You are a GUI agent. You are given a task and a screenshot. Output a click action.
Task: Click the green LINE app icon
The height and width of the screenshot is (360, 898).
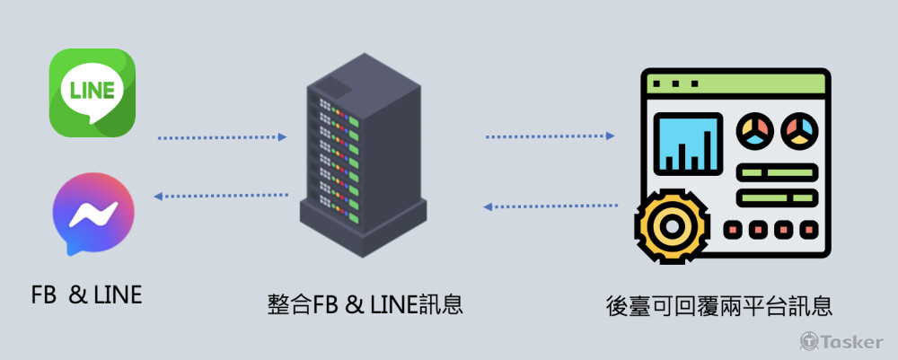point(92,92)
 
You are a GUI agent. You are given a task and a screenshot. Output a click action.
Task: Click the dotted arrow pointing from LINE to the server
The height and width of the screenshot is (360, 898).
point(222,137)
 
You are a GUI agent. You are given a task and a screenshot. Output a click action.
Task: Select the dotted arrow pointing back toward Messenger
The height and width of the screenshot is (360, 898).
point(222,195)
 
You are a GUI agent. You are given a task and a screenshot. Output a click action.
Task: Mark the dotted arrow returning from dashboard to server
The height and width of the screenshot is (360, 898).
point(550,206)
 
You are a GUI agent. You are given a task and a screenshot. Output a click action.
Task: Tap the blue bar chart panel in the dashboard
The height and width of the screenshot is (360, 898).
point(689,144)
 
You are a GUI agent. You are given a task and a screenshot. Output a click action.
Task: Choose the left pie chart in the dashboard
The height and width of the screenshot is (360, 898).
point(755,131)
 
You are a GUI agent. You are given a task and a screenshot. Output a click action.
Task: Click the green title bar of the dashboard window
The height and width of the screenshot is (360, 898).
point(735,83)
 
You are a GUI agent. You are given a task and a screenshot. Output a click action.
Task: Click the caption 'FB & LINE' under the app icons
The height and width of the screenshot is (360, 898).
point(86,294)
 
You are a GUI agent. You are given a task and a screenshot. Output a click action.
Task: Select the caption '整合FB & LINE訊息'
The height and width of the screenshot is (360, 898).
point(365,304)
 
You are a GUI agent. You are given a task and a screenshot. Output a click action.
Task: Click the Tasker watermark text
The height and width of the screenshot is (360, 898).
point(853,341)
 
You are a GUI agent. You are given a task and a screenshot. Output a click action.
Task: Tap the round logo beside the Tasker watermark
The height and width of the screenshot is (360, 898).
point(807,341)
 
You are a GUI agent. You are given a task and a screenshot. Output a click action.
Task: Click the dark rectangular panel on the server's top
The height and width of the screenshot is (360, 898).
point(334,86)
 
